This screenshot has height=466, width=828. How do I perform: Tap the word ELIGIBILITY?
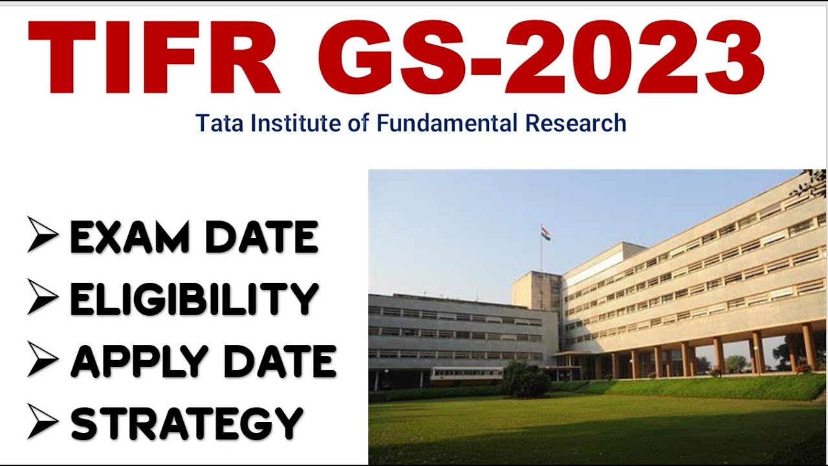tap(194, 300)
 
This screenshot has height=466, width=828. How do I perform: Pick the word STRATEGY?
tap(187, 423)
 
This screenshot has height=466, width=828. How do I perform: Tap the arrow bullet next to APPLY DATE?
tap(43, 361)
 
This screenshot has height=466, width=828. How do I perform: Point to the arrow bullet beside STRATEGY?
tap(43, 423)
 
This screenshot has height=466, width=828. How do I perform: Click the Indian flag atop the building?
tap(546, 233)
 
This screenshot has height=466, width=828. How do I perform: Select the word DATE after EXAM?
tap(261, 238)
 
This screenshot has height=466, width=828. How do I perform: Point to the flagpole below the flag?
tap(541, 256)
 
